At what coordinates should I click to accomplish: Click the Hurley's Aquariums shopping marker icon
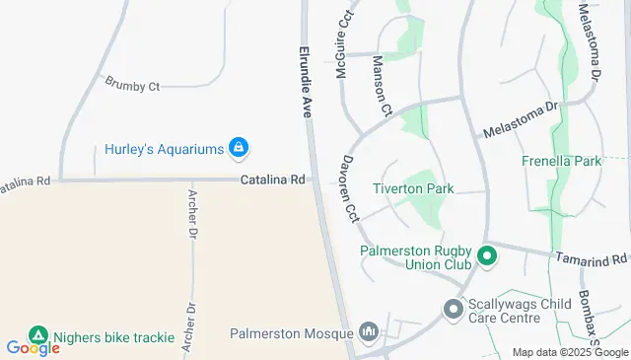[x=238, y=149]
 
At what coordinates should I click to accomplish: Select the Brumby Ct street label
[x=132, y=87]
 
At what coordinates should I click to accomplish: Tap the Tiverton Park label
[x=412, y=188]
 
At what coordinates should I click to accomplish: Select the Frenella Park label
[x=561, y=160]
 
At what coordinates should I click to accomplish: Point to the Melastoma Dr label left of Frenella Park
[x=520, y=119]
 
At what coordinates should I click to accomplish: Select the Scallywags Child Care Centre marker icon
[x=454, y=310]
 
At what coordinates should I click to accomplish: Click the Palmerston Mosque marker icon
[x=370, y=331]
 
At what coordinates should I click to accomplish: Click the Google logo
[x=33, y=348]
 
